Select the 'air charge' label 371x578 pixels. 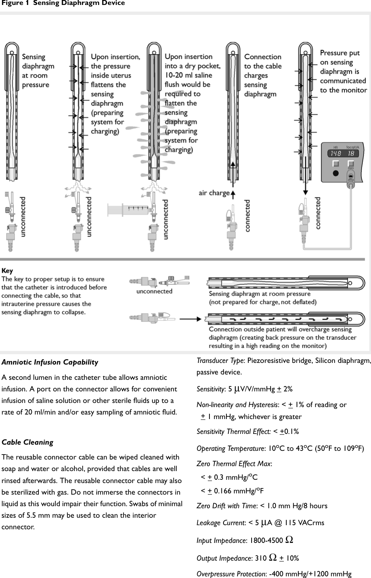[x=214, y=193]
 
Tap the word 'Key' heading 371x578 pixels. [x=7, y=271]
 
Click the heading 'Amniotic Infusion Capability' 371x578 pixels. [x=50, y=362]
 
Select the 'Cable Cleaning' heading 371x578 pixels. [x=28, y=442]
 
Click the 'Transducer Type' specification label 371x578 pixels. [x=220, y=360]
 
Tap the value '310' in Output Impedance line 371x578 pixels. [x=261, y=558]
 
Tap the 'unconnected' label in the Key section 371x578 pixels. [x=154, y=291]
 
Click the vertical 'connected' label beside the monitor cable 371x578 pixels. [x=318, y=213]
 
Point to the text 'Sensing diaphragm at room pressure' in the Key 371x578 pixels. [x=259, y=294]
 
